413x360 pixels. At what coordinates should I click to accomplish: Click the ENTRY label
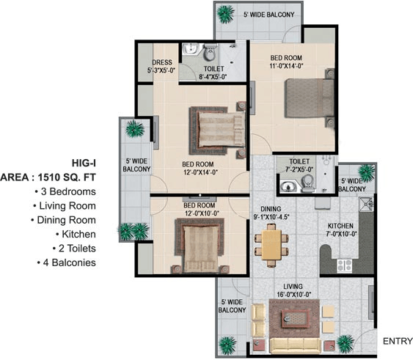tap(398, 341)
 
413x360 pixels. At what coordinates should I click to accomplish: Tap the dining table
tap(271, 246)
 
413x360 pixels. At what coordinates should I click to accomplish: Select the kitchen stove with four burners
tap(345, 265)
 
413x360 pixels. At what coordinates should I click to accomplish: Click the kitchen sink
tap(366, 204)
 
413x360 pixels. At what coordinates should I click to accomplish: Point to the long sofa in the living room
tap(296, 345)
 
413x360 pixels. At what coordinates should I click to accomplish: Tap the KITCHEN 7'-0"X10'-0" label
tap(341, 229)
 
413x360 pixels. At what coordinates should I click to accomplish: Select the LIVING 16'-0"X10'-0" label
tap(293, 290)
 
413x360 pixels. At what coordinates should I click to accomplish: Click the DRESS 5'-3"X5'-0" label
tap(161, 67)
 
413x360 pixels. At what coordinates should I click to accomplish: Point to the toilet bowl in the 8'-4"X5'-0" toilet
tap(210, 52)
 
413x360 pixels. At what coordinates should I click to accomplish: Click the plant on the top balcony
tap(225, 14)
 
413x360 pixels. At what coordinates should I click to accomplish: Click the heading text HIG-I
tap(84, 164)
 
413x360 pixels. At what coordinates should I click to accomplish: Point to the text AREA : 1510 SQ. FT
tap(48, 177)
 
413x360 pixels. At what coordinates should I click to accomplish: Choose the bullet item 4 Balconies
tap(67, 262)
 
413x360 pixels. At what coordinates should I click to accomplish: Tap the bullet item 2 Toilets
tap(74, 249)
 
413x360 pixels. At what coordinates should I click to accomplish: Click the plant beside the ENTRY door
tap(346, 344)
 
